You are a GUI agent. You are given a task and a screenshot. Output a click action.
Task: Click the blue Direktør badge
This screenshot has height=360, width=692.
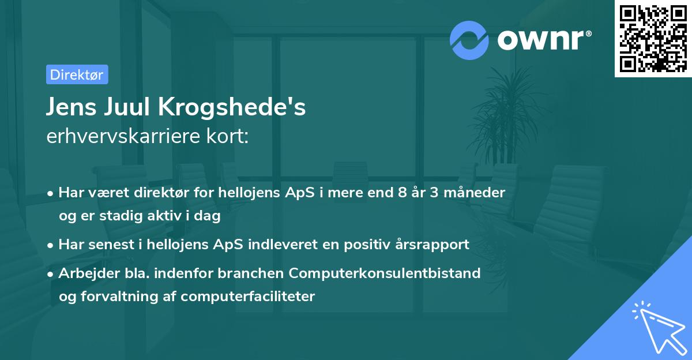77,74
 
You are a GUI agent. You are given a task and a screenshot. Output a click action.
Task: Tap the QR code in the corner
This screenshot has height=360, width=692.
653,39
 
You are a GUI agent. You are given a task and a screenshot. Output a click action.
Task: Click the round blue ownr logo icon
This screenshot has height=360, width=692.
469,40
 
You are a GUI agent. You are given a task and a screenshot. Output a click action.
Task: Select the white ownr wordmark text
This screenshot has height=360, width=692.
544,40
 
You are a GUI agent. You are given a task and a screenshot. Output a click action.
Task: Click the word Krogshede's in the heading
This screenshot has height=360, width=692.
232,107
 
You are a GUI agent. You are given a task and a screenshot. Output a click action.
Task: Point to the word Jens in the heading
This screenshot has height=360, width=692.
72,107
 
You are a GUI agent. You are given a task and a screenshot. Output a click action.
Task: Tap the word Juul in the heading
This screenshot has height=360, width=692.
127,107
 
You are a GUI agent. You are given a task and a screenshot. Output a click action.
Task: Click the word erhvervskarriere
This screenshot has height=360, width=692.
123,136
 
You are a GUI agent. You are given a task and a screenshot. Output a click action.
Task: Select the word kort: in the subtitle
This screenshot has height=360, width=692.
227,136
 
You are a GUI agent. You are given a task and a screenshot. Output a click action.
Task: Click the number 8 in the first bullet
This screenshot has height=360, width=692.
403,193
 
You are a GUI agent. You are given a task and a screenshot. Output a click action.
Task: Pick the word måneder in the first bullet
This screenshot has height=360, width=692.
474,193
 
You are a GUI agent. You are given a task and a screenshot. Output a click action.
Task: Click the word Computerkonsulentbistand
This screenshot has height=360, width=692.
385,273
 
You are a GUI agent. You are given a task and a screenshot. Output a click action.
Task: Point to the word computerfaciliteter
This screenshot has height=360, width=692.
247,297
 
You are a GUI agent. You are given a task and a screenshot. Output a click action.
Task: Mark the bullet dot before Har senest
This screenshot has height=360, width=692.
50,246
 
